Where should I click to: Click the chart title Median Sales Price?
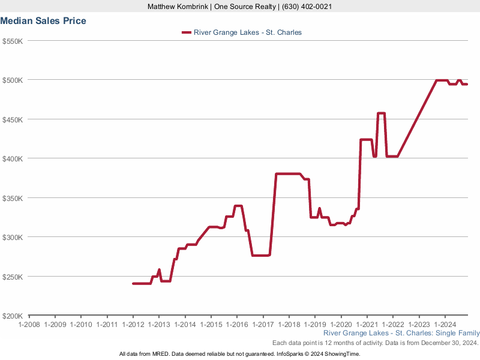[43, 21]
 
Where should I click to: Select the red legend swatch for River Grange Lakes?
[186, 32]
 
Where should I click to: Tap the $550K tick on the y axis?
[13, 41]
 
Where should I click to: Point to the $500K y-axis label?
[13, 80]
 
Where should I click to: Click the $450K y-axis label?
[13, 120]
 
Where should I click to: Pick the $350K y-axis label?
[13, 199]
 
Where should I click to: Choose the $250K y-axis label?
[13, 277]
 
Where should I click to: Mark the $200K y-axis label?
[13, 316]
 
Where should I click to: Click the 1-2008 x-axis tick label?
[29, 325]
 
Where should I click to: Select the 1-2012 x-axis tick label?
[133, 325]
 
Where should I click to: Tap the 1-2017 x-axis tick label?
[263, 325]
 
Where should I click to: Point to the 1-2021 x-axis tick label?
[367, 325]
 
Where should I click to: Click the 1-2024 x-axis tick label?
[445, 325]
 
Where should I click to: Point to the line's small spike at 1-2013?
[159, 270]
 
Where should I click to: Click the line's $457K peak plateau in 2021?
[381, 113]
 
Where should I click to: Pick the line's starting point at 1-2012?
[133, 283]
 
